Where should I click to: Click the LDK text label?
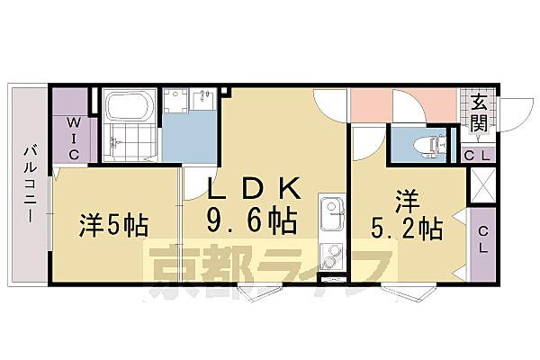[x=254, y=188]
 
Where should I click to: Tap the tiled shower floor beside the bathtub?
[x=130, y=144]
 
